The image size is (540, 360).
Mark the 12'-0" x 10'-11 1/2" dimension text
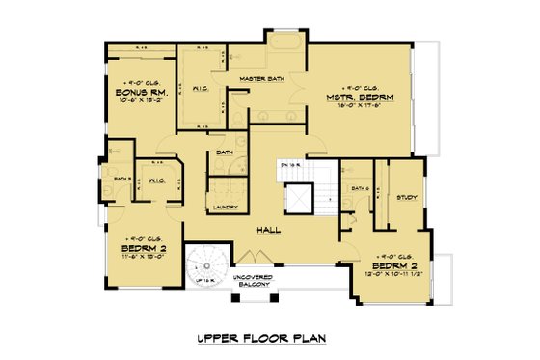click(398, 273)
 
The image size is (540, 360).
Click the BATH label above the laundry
click(225, 152)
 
